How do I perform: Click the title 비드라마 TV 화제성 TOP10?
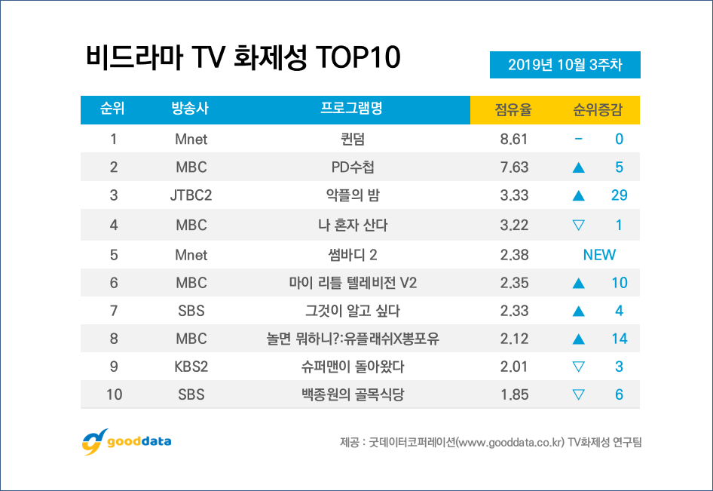coord(243,58)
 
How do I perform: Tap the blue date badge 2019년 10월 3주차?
coord(565,65)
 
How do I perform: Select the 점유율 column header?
coord(513,109)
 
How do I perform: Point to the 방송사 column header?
coord(190,109)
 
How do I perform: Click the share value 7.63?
coord(513,167)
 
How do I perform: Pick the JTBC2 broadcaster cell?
coord(191,196)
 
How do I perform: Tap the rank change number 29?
coord(619,196)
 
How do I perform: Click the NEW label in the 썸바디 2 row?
coord(599,254)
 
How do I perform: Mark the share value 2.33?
coord(513,311)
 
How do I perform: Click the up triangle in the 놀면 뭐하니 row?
coord(579,339)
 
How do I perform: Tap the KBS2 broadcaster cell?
coord(191,367)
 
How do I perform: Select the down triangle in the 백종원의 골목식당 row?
coord(579,394)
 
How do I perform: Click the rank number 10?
coord(114,394)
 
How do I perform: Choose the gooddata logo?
coord(126,441)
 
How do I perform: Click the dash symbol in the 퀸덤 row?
coord(578,140)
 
